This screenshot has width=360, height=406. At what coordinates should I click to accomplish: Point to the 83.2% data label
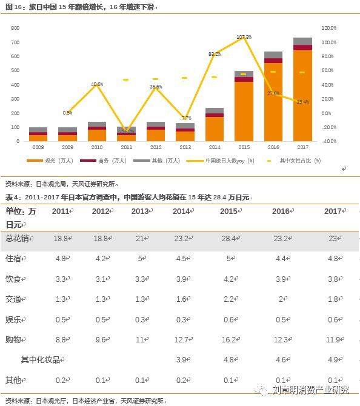coord(215,54)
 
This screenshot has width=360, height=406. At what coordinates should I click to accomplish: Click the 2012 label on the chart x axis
coord(156,147)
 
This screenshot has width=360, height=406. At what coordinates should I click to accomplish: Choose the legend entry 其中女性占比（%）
coord(300,161)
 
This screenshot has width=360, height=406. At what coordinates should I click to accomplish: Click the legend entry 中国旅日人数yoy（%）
coord(225,161)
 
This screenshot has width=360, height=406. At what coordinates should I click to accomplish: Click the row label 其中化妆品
coord(42,359)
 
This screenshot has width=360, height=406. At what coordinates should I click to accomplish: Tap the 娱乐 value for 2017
coord(333,319)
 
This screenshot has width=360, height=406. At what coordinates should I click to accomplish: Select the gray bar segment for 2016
coord(273,55)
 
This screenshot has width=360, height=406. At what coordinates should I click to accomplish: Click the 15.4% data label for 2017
coord(303,102)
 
